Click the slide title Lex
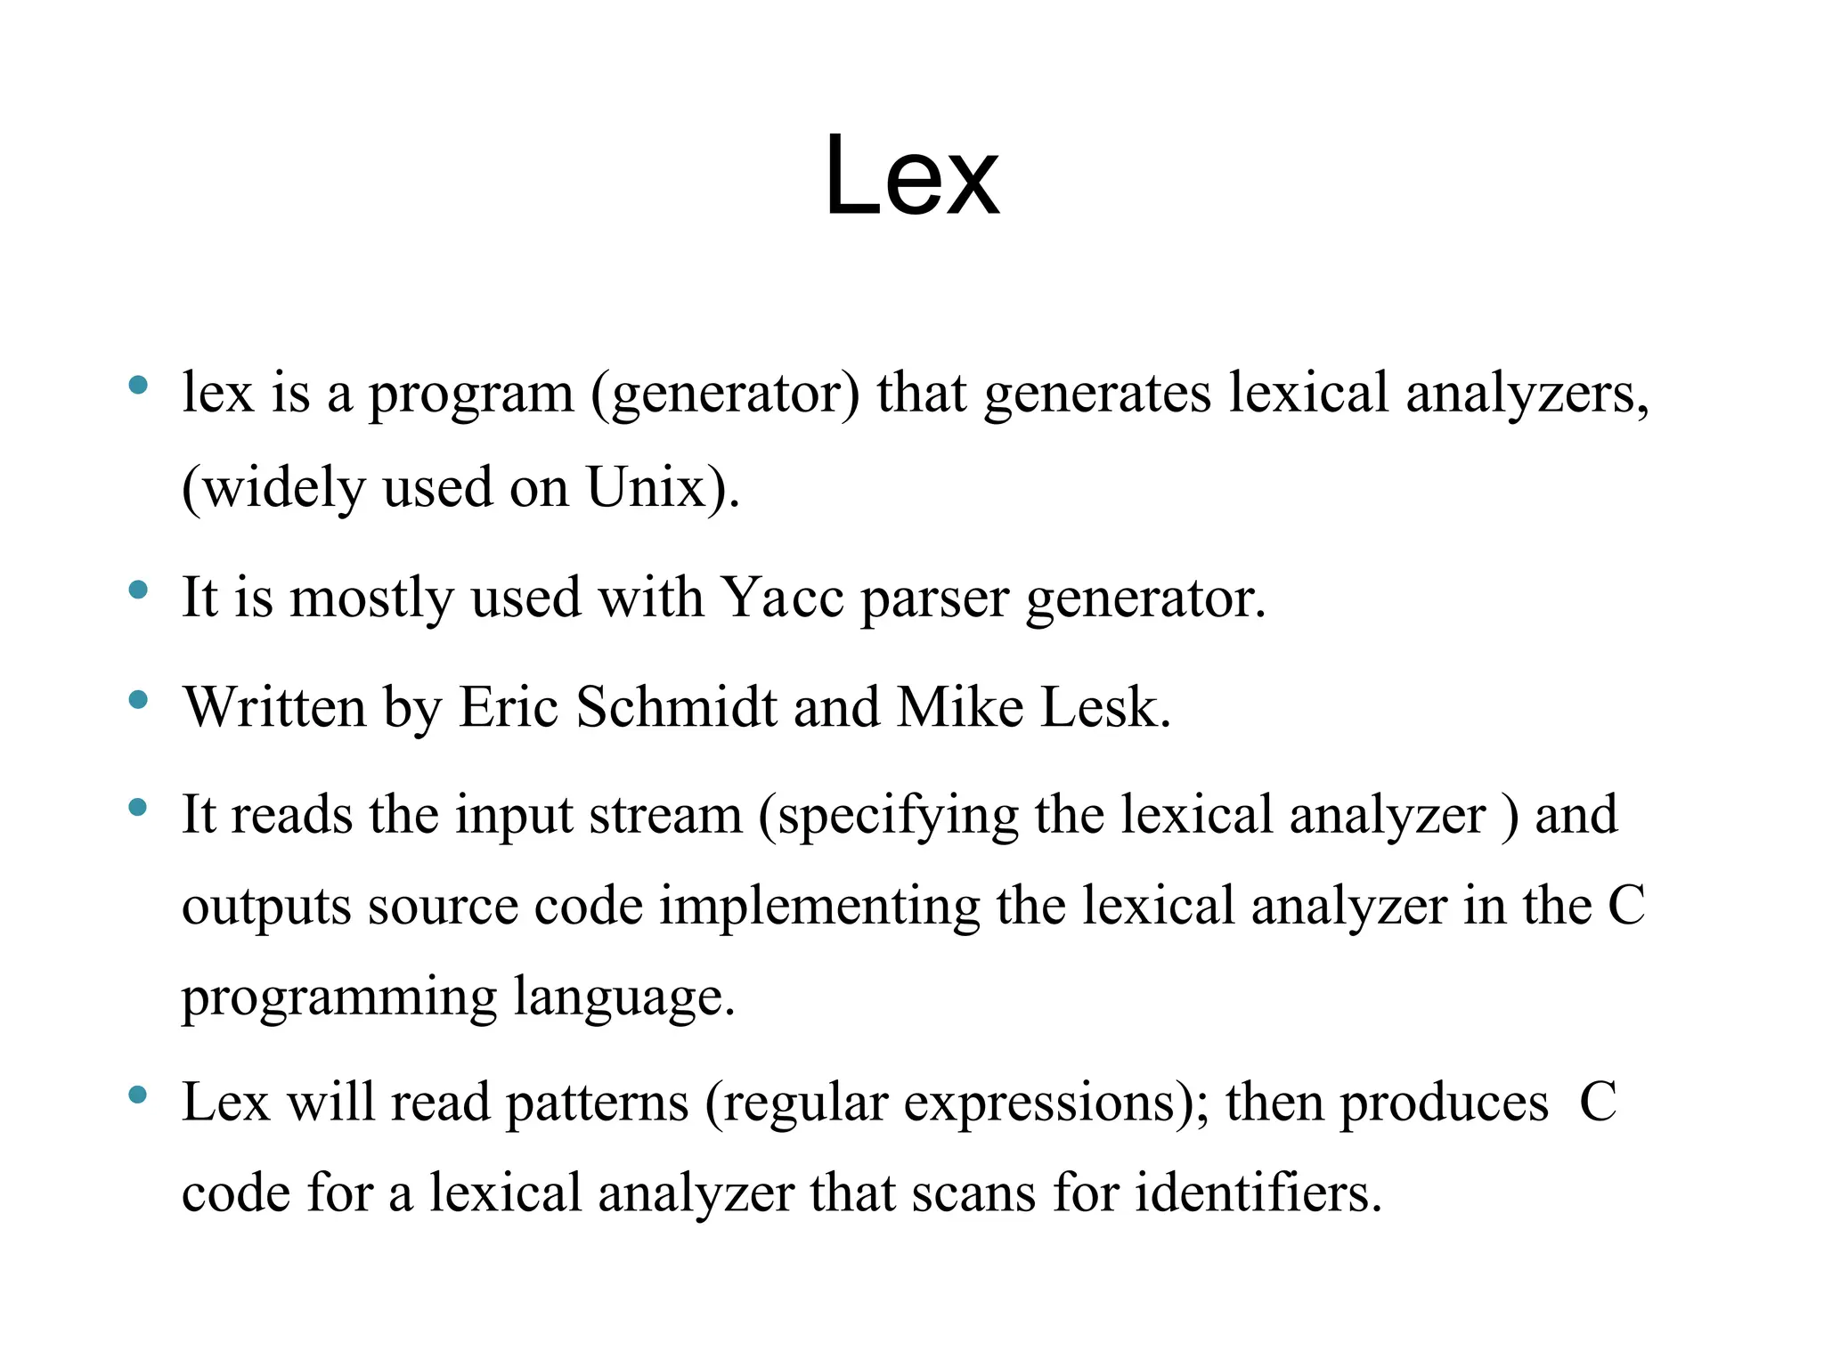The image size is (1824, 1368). (x=911, y=175)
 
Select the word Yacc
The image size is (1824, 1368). (x=781, y=598)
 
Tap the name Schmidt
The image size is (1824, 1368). (x=676, y=707)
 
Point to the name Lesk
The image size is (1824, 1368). (x=1103, y=707)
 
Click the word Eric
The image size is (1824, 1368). (x=509, y=707)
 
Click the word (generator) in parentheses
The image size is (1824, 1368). (x=725, y=394)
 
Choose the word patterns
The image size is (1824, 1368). (x=597, y=1103)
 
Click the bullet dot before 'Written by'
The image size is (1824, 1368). (x=138, y=700)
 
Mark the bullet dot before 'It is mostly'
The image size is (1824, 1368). (x=138, y=590)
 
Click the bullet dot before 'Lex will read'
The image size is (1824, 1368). (x=138, y=1095)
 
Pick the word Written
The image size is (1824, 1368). (x=274, y=707)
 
